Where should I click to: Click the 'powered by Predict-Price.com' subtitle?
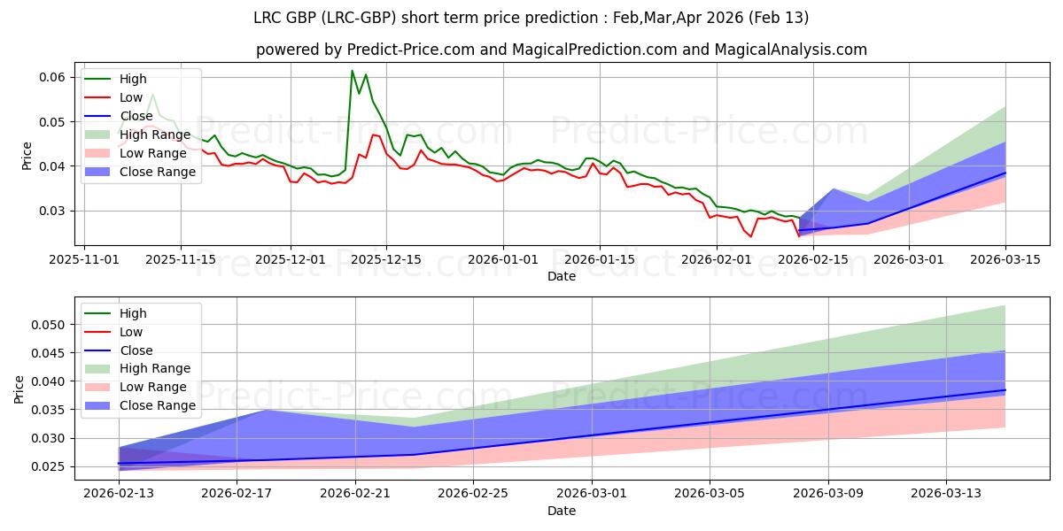tap(561, 50)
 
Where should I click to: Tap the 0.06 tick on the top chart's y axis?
tap(52, 77)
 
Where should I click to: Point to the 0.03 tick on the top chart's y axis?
tap(52, 211)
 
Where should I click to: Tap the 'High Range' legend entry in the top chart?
tap(158, 135)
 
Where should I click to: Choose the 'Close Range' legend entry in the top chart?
tap(158, 172)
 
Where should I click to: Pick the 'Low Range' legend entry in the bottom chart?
tap(155, 387)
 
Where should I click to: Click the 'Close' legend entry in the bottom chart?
tap(136, 350)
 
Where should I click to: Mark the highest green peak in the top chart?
tap(352, 71)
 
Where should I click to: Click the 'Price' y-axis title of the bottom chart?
tap(19, 389)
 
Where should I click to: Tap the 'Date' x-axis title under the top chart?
tap(561, 276)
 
